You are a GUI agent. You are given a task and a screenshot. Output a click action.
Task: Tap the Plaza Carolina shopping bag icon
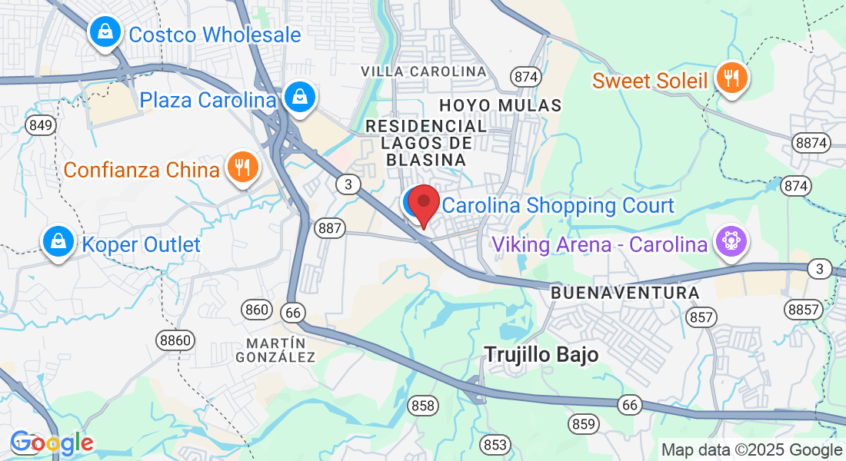(298, 98)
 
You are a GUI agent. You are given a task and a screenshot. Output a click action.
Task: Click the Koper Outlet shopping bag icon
(58, 242)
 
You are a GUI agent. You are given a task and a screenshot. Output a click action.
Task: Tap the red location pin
(423, 204)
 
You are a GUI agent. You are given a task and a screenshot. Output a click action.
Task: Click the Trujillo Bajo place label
(541, 353)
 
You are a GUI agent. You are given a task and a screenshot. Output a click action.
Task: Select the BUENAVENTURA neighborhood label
(625, 294)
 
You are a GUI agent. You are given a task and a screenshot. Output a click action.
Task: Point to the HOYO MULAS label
(501, 104)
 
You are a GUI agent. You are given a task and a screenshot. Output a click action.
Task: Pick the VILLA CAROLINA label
(424, 71)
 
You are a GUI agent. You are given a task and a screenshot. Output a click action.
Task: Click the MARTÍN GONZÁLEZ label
(275, 350)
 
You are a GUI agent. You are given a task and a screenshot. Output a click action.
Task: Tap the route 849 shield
(40, 124)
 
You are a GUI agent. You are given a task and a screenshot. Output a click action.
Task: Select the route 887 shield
(330, 227)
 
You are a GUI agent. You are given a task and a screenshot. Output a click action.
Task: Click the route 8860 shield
(175, 340)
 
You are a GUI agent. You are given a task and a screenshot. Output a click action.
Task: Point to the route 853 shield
(496, 444)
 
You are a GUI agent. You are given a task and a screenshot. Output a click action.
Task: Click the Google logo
(52, 443)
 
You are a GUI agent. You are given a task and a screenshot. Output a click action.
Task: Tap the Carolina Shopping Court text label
(558, 206)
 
